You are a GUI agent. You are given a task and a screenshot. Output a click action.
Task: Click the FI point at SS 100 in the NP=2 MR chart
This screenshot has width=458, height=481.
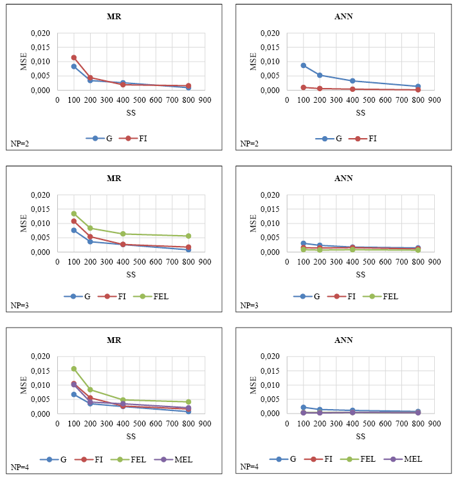[74, 58]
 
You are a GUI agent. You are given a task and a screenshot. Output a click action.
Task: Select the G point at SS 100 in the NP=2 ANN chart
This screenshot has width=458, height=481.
[304, 66]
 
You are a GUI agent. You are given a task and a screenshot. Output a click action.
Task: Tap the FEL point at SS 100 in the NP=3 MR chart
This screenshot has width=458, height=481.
[74, 214]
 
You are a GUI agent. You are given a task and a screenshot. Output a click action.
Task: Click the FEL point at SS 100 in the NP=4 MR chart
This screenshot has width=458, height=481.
[74, 369]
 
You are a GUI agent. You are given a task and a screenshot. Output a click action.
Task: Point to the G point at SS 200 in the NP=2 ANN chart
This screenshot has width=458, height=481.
[320, 75]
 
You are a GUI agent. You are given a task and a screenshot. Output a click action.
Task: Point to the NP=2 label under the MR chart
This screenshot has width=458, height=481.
[21, 144]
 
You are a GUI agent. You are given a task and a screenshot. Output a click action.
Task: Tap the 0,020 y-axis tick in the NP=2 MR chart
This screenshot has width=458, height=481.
[43, 33]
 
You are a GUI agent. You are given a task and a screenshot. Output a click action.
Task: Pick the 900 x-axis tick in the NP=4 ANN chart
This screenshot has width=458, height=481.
[434, 423]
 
